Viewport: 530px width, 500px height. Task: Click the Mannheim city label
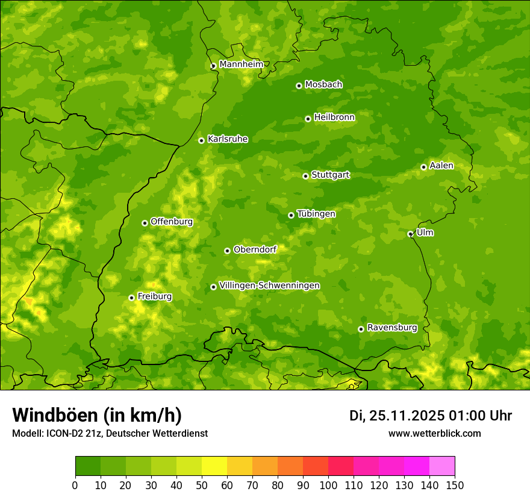click(x=241, y=64)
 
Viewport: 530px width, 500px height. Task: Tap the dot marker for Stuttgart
click(x=305, y=176)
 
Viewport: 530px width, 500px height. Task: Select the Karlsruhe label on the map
click(x=228, y=139)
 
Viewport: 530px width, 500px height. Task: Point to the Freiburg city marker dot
click(x=131, y=298)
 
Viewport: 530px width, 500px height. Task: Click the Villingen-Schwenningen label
click(x=269, y=286)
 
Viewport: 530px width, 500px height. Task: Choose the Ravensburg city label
click(x=392, y=328)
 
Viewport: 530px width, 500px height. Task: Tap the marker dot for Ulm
click(x=410, y=234)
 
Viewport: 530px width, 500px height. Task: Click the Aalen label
click(x=441, y=166)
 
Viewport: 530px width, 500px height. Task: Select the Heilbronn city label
click(x=334, y=117)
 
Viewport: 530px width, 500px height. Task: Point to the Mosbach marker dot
click(x=299, y=86)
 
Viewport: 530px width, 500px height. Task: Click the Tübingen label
click(x=316, y=214)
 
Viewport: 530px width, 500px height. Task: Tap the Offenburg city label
click(x=172, y=222)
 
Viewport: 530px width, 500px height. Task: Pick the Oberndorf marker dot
click(x=227, y=251)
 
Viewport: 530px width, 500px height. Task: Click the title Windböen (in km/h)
click(x=96, y=415)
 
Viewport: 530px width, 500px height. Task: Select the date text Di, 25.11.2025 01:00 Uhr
click(x=431, y=416)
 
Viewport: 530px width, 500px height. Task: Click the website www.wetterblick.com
click(x=435, y=433)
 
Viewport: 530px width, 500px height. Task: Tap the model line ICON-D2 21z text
click(x=110, y=433)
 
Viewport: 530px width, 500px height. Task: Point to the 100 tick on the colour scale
click(x=328, y=485)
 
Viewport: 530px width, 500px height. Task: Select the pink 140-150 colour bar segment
click(x=442, y=466)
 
